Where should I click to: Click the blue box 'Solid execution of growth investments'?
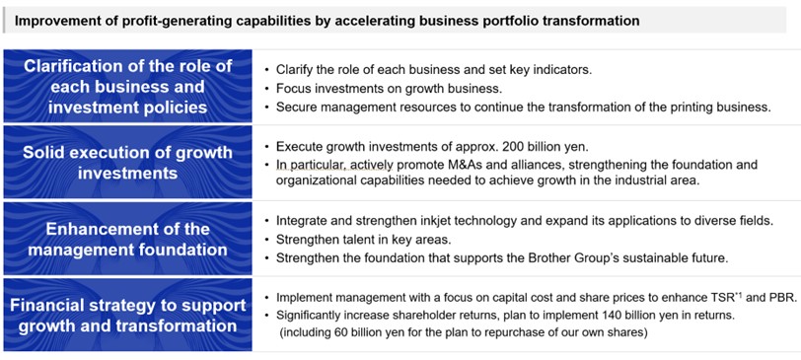pyautogui.click(x=127, y=162)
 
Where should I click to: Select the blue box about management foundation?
pyautogui.click(x=127, y=239)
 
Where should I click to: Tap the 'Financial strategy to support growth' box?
pyautogui.click(x=127, y=316)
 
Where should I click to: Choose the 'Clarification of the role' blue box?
pyautogui.click(x=127, y=86)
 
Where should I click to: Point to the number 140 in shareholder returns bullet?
pyautogui.click(x=612, y=315)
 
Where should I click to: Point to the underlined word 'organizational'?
pyautogui.click(x=314, y=180)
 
